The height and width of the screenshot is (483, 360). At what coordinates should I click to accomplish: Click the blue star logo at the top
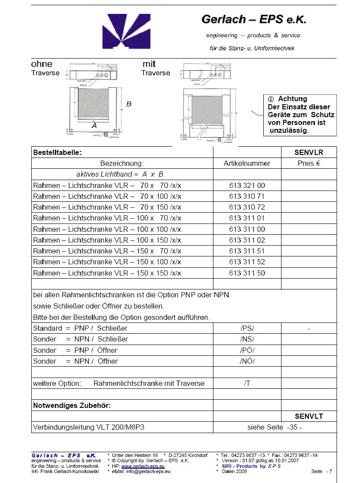click(128, 32)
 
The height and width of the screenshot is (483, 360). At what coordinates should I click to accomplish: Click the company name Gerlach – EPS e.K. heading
click(254, 20)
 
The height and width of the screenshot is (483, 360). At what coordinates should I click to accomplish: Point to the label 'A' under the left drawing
click(94, 125)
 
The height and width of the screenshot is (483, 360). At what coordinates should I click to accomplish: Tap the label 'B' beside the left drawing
click(129, 104)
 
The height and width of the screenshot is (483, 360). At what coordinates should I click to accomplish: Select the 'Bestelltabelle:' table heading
click(58, 152)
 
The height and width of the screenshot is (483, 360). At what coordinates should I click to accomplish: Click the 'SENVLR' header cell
click(309, 152)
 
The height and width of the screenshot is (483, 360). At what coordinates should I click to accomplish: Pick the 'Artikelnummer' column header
click(247, 164)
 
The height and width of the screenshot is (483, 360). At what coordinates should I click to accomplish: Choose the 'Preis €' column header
click(309, 164)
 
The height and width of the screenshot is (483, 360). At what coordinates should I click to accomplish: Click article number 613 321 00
click(247, 185)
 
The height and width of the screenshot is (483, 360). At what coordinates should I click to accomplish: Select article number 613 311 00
click(247, 229)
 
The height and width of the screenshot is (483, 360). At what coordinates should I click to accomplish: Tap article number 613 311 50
click(247, 273)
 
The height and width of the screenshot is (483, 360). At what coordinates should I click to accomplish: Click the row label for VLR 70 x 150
click(107, 207)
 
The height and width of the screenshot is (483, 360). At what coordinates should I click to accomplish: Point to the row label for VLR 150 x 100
click(107, 262)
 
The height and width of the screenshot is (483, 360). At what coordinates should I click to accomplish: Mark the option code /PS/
click(247, 328)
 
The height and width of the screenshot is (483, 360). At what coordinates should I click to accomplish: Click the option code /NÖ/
click(247, 361)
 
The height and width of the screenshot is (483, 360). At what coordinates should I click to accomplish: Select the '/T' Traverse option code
click(247, 383)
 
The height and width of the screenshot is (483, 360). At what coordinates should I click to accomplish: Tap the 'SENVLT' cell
click(309, 416)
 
